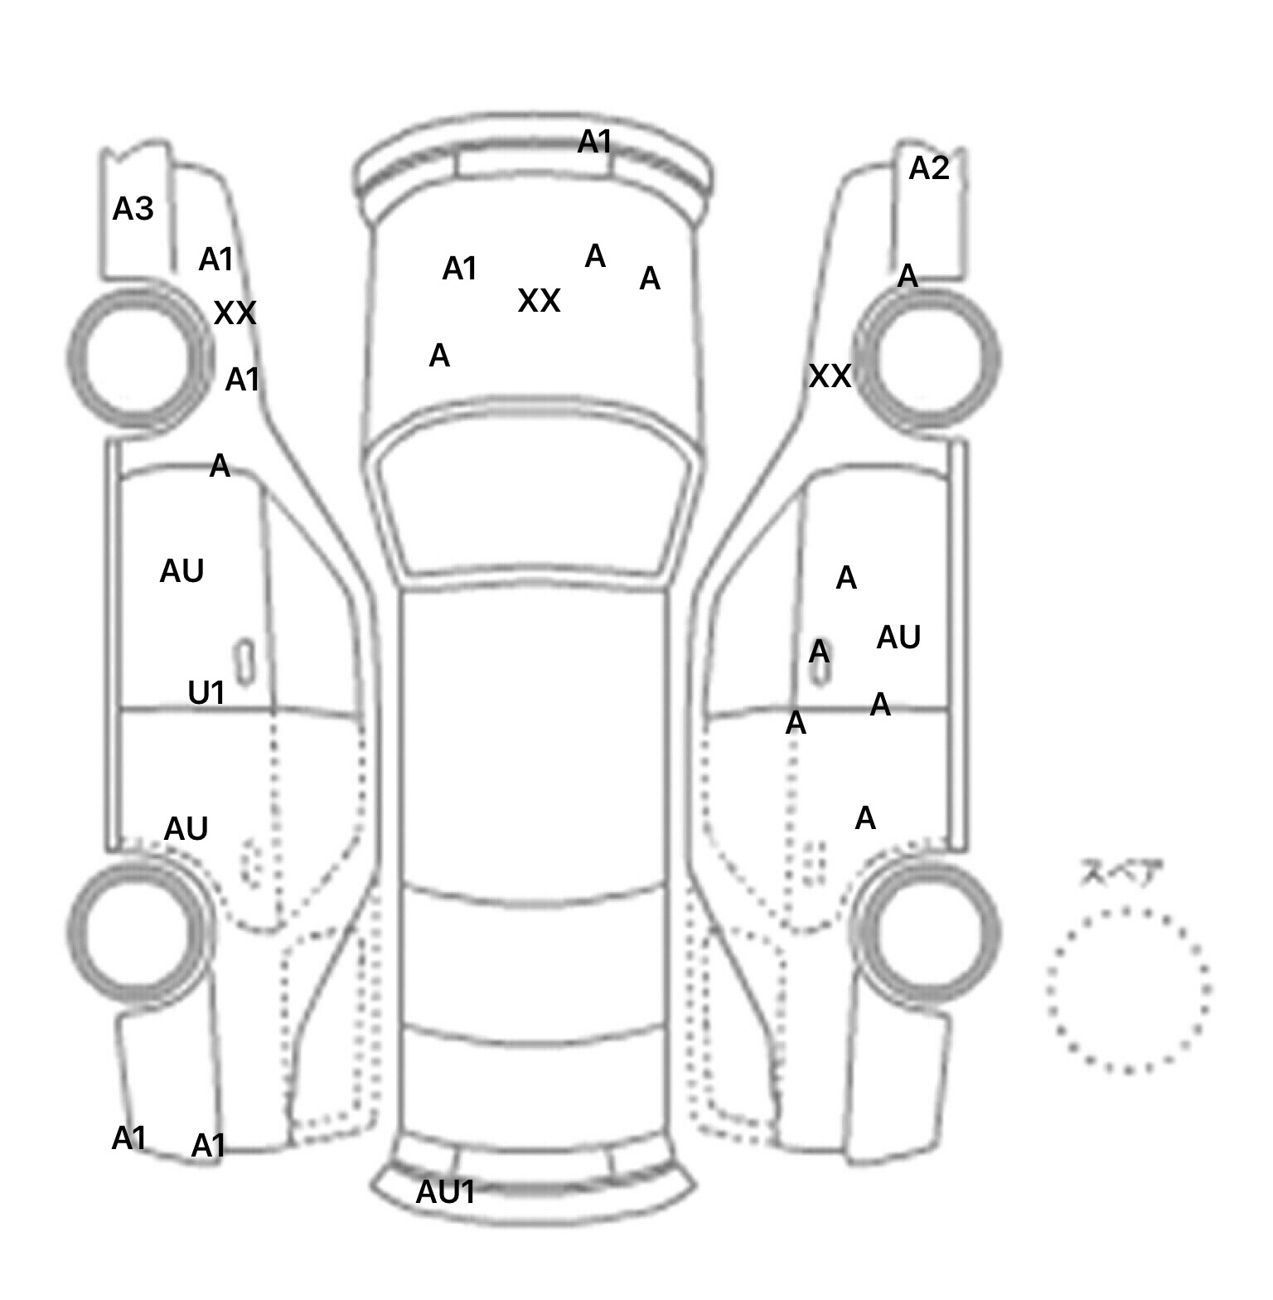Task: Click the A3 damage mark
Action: pos(133,209)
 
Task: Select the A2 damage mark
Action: pos(928,168)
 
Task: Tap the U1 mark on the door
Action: pos(206,692)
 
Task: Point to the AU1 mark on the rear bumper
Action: pos(446,1192)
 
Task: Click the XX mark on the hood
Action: pos(539,300)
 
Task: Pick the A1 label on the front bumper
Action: pos(594,142)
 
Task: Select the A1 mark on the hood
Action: pos(460,269)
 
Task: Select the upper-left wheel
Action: pos(138,358)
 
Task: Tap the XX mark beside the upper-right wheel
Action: pos(830,376)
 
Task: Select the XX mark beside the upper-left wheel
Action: pos(235,313)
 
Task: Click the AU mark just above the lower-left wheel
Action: pos(186,828)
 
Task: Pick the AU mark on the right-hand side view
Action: pos(898,637)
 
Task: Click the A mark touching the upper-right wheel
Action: pos(908,275)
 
